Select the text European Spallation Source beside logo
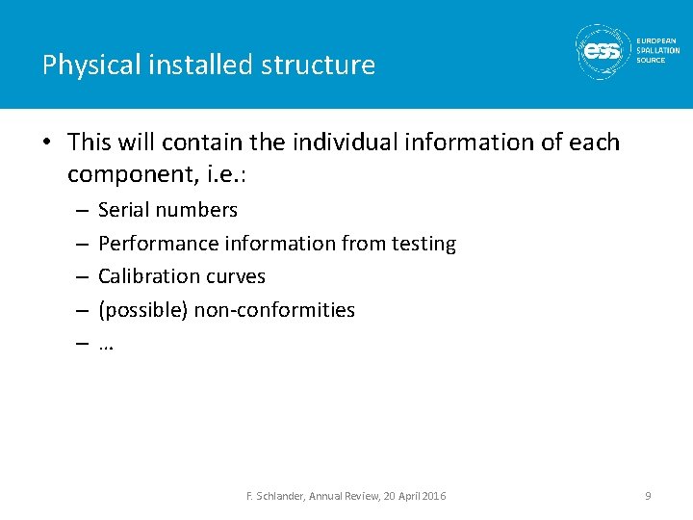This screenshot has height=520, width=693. (657, 50)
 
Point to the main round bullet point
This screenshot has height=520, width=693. (48, 143)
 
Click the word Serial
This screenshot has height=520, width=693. (123, 210)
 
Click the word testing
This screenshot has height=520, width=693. (423, 244)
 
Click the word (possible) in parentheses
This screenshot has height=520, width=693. (142, 310)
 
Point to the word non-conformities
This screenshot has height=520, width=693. (274, 310)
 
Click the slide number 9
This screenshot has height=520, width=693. (648, 496)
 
